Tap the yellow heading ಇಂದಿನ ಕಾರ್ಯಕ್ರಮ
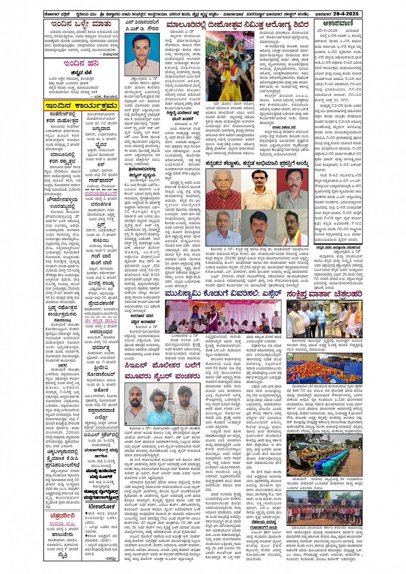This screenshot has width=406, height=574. [x=81, y=106]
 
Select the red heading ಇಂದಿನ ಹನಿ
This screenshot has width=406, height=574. [x=81, y=64]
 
